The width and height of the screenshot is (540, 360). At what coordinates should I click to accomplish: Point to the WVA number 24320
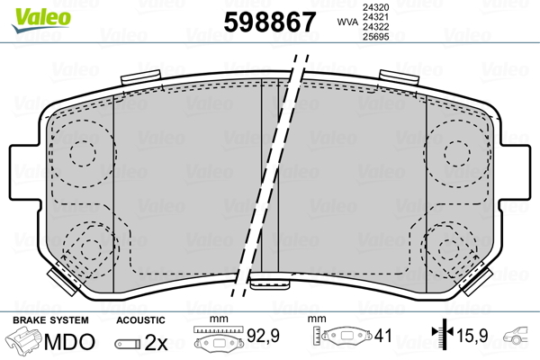[375, 6]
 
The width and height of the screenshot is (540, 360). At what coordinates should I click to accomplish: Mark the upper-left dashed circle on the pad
[83, 156]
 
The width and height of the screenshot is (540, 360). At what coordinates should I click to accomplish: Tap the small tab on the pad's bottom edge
[270, 285]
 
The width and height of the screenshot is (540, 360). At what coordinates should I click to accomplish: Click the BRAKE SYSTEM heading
[49, 320]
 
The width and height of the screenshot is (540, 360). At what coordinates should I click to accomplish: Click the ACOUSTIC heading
[140, 320]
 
